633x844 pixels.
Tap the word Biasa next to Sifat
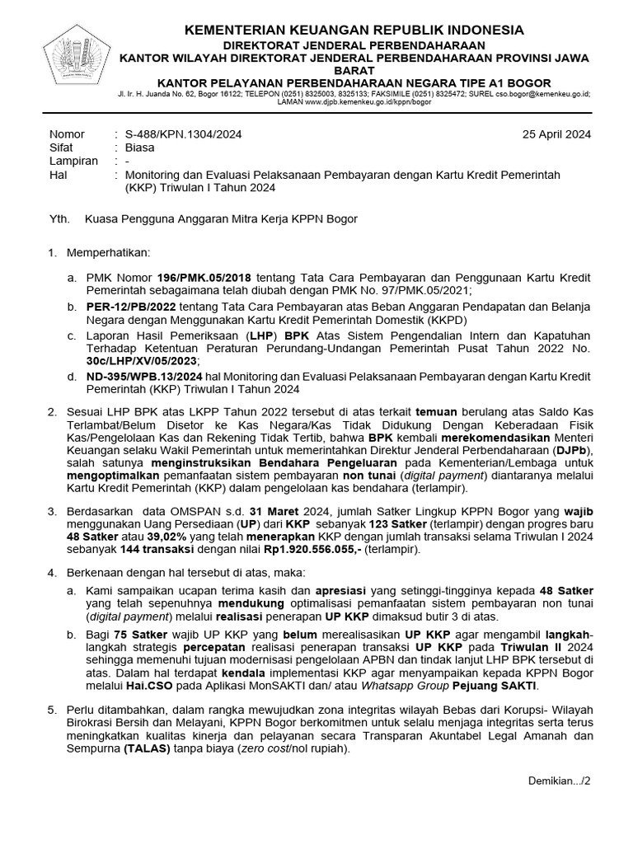[x=139, y=148]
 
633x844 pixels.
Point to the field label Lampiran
[x=74, y=162]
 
